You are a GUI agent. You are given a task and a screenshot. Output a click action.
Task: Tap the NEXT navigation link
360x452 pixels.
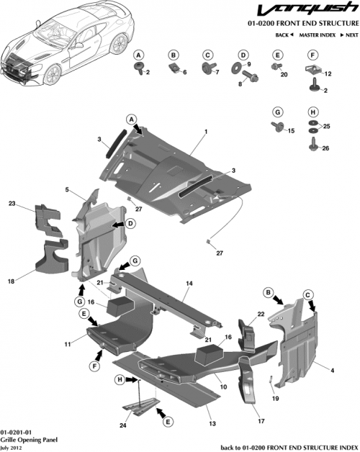click(351, 35)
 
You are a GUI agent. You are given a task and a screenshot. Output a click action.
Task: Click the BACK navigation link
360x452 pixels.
click(283, 35)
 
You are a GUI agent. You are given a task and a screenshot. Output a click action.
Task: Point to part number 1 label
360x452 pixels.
click(205, 132)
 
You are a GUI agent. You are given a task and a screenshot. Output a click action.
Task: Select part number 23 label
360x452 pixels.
click(12, 204)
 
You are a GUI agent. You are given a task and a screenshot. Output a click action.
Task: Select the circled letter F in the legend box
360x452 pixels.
click(313, 55)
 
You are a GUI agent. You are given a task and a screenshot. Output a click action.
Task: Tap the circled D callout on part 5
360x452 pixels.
click(131, 224)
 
